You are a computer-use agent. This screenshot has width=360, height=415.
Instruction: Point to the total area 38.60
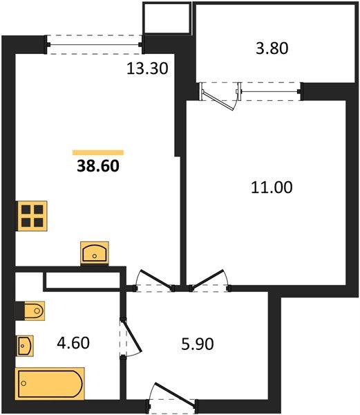point(97,167)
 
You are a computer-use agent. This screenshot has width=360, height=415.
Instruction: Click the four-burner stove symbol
point(32,216)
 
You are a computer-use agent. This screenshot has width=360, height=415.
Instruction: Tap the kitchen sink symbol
point(94,252)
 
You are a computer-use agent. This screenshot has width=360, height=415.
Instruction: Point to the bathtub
point(50,383)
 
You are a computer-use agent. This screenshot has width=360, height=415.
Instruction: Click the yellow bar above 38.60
point(97,151)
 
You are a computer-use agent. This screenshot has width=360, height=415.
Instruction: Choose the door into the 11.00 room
point(209,278)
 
